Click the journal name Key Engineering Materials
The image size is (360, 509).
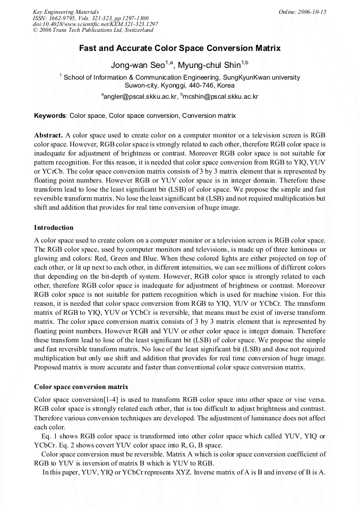(x=66, y=12)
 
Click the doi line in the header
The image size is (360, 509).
(x=96, y=24)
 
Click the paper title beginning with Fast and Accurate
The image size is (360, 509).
(x=180, y=48)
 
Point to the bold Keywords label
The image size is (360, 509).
(x=50, y=116)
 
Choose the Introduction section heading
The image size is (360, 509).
(x=54, y=228)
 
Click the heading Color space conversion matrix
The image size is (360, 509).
(x=81, y=387)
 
